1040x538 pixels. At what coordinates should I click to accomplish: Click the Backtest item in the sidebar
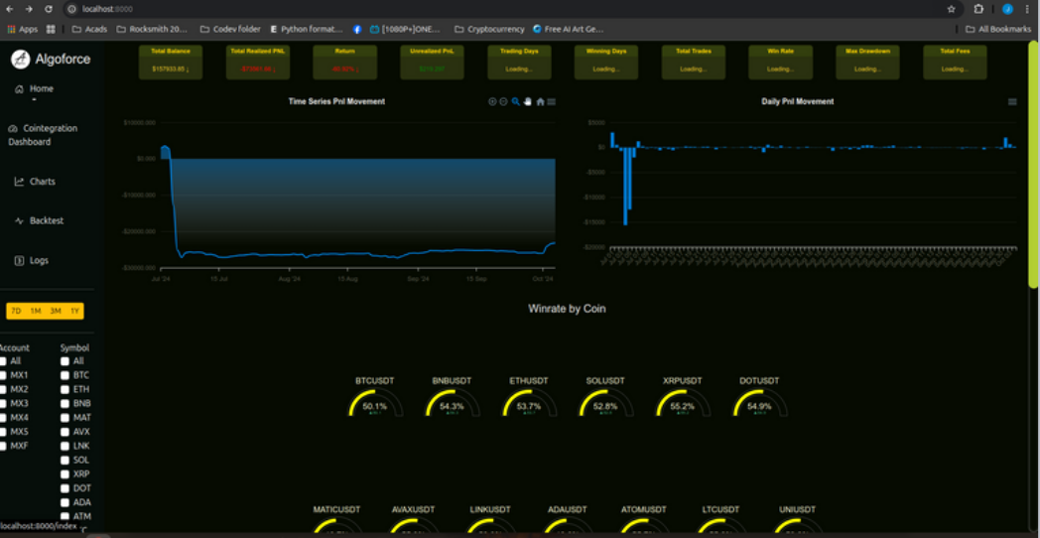(46, 220)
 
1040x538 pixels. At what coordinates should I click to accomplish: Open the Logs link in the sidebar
(38, 260)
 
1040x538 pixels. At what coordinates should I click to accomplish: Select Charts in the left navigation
(42, 182)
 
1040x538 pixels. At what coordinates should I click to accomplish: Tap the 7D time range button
(16, 311)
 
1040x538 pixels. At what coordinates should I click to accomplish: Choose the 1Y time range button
(75, 311)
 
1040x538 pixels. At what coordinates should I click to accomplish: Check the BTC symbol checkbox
(65, 375)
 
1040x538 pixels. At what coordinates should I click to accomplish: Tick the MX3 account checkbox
(4, 404)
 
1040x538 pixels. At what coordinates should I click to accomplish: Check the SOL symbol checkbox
(65, 461)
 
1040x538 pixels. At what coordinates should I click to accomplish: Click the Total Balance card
(169, 62)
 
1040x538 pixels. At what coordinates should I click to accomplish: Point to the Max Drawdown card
(867, 62)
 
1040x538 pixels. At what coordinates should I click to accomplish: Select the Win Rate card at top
(780, 62)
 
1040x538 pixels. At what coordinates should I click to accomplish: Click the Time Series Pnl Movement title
(336, 101)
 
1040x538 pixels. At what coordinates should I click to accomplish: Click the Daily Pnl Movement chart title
(797, 101)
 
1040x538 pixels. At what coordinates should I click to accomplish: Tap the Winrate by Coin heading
(567, 309)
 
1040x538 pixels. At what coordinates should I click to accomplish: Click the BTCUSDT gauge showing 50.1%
(374, 404)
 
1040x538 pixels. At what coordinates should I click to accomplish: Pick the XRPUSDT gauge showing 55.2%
(682, 404)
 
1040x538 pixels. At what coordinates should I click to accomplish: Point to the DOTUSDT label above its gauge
(759, 381)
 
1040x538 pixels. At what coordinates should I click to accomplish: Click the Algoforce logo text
(64, 60)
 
